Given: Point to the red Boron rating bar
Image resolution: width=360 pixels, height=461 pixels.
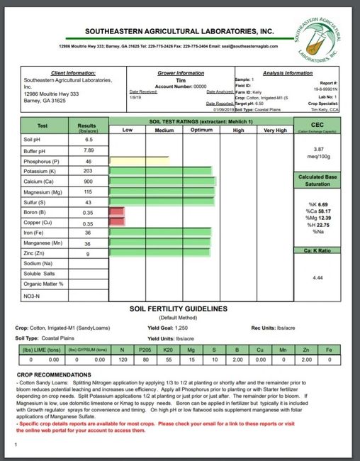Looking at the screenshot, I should [117, 212].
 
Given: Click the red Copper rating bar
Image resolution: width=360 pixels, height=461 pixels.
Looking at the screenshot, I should [117, 223].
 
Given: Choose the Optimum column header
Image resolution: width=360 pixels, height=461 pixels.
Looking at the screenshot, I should [201, 130].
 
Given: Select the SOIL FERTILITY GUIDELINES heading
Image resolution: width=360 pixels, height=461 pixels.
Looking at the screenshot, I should [179, 309].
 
